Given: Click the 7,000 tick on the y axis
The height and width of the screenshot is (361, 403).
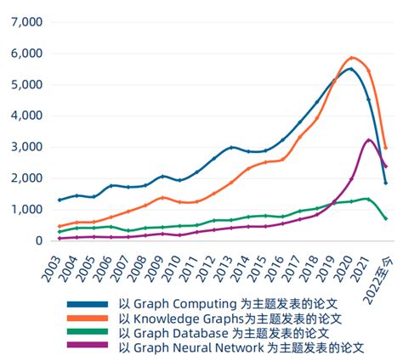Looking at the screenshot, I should pos(25,21).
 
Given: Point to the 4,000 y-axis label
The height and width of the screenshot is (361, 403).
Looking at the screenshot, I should pos(25,116).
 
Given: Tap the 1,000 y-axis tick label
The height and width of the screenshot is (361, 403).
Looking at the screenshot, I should pos(25,210).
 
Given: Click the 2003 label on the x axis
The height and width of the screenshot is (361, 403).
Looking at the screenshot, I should pos(56,268).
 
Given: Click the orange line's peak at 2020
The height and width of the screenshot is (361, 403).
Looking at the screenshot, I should pos(351,58).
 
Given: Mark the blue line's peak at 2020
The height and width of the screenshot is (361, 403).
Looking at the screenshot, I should pos(350,69).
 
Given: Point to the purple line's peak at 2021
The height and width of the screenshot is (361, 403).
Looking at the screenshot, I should pos(368,139).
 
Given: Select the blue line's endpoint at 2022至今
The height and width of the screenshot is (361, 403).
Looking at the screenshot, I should pos(386,183).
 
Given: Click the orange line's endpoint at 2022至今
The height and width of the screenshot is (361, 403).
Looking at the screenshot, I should pos(386,148).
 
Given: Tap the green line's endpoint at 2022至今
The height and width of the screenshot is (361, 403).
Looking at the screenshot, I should pos(386,219).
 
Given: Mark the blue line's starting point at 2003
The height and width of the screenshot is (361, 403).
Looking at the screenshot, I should pos(59,200).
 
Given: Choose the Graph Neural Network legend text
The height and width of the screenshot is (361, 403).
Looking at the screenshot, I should pos(241,348).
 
